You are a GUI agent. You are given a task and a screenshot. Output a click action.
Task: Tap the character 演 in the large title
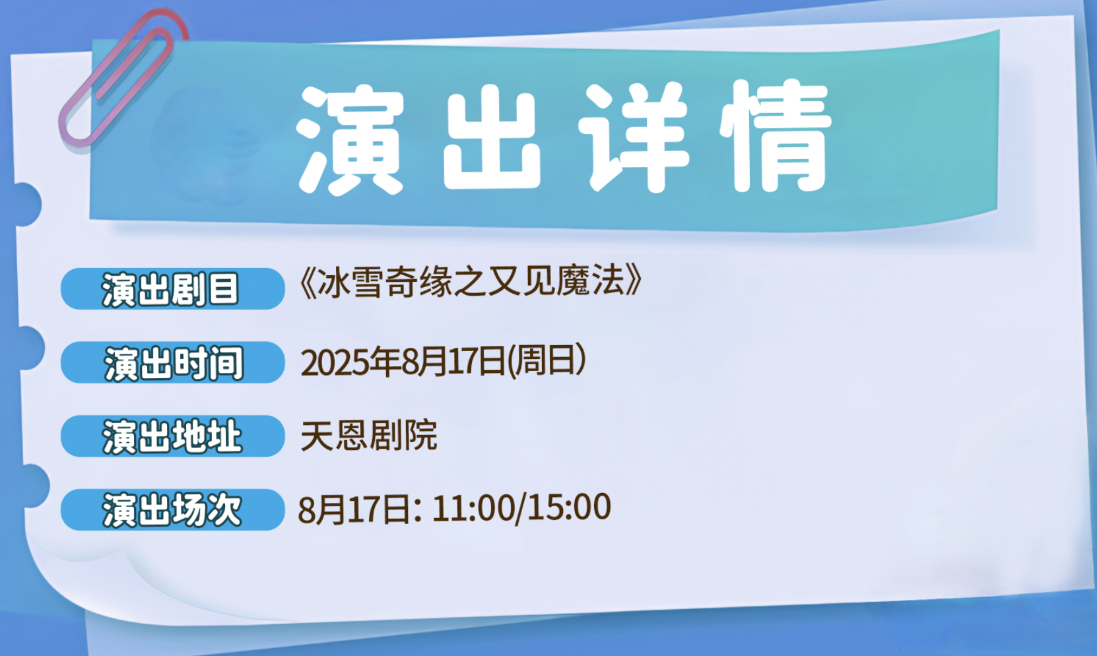coord(350,139)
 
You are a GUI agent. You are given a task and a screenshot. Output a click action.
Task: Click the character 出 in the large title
coord(492,139)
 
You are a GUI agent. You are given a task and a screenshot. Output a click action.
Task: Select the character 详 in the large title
coord(634,137)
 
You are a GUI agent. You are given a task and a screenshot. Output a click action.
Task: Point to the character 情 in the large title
coord(776,137)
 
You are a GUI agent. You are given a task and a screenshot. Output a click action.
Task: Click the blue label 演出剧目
coord(172,289)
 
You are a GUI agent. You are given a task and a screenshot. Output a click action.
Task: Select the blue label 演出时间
coord(172,362)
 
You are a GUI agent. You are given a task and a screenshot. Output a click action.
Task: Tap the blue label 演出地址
coord(172,436)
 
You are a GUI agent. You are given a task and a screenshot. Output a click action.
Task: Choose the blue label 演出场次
coord(172,509)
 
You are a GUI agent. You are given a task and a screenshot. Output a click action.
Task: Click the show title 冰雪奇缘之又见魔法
coord(471,282)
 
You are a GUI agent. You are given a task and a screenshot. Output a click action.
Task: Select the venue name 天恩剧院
coord(369,435)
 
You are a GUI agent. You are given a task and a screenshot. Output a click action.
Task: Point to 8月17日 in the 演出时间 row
coord(453,362)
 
